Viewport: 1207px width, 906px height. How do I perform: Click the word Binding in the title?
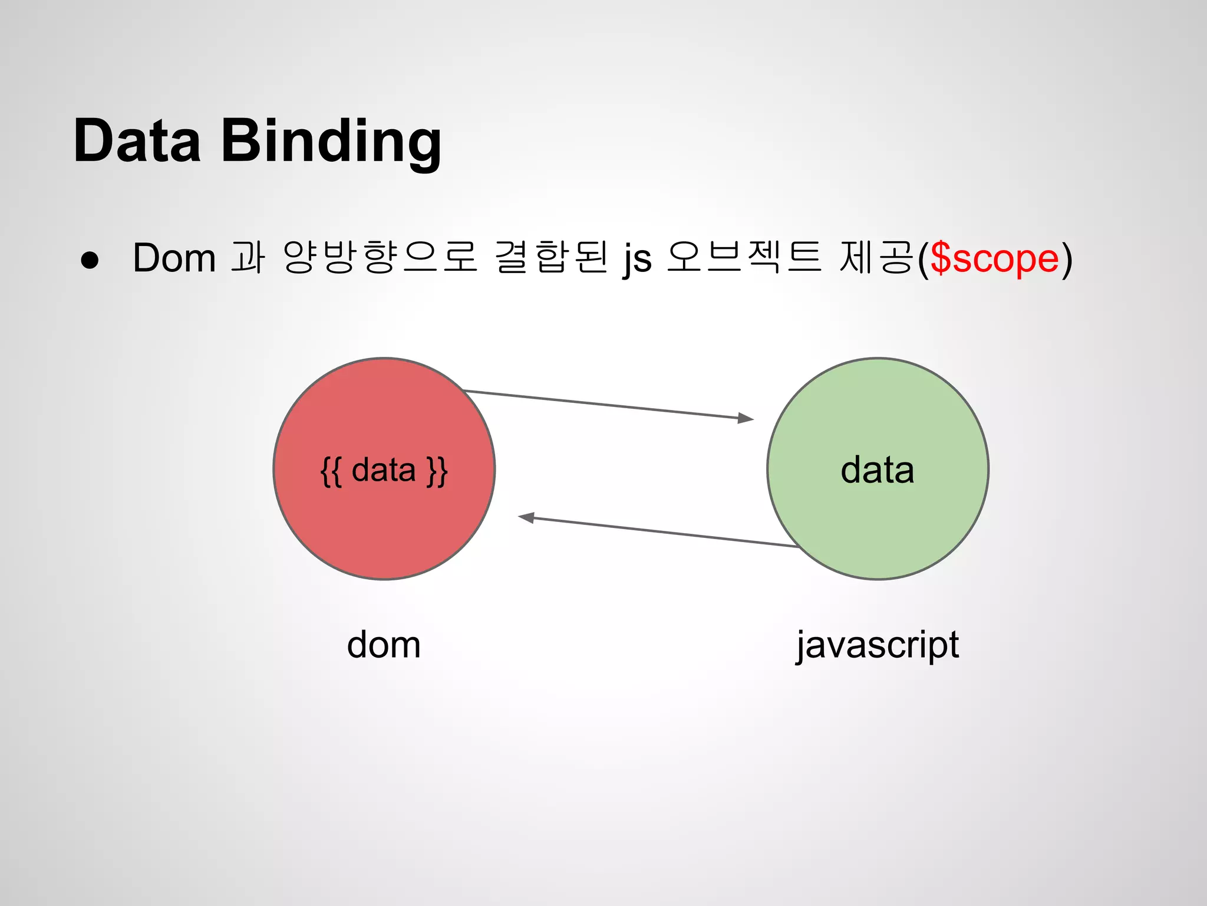(x=331, y=142)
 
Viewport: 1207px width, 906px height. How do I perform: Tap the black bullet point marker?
(x=90, y=260)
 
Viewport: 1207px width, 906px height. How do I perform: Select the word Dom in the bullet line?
(x=174, y=258)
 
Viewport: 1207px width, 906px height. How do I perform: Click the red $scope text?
(x=994, y=258)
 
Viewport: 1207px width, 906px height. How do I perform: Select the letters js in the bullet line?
(x=638, y=260)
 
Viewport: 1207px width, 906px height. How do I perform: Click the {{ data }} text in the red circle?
(x=384, y=471)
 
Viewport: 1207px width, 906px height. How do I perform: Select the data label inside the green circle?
(x=877, y=471)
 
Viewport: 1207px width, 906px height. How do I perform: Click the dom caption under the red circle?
(x=384, y=644)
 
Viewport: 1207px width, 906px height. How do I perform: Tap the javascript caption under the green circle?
(x=878, y=645)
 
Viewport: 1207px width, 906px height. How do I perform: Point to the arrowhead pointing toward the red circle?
(x=526, y=517)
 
